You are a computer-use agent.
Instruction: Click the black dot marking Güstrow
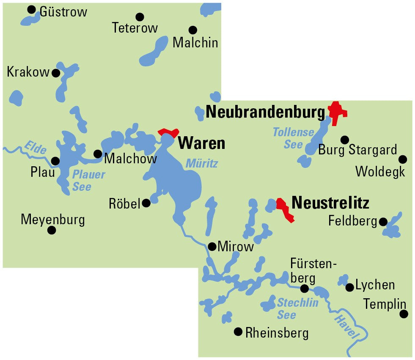(31, 9)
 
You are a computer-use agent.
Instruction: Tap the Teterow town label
(135, 28)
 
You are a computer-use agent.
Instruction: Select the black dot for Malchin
(193, 30)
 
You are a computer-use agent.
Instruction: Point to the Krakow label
(28, 72)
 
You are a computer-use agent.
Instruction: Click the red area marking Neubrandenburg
(337, 112)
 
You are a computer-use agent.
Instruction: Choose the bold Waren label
(201, 143)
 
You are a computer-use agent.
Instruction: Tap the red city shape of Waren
(168, 132)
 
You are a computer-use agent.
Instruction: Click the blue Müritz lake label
(201, 163)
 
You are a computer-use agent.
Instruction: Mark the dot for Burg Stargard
(345, 139)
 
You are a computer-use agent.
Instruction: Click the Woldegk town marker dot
(403, 159)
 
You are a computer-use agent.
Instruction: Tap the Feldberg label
(352, 221)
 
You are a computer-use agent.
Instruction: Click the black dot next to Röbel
(146, 203)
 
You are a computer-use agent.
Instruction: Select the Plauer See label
(88, 180)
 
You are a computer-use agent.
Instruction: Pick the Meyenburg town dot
(52, 230)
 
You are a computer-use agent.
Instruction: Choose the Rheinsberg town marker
(238, 332)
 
